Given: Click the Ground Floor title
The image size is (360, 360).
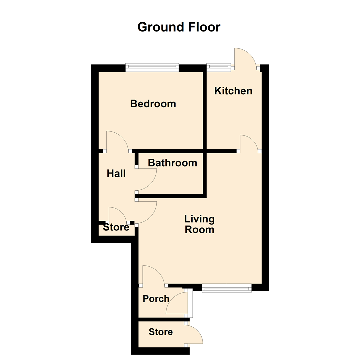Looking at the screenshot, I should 179,27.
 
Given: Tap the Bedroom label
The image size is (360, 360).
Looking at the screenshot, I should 153,104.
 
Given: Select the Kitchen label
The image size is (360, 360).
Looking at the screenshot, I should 233,91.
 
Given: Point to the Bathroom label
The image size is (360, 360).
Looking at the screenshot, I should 173,163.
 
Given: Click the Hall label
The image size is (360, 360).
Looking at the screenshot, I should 116,173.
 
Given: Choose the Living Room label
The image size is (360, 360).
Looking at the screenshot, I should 200,224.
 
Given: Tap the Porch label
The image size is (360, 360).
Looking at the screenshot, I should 156,299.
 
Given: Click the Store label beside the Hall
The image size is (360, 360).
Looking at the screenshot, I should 116,227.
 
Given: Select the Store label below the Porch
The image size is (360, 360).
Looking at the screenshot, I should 161,332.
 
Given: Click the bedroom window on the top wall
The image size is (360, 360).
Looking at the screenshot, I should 152,68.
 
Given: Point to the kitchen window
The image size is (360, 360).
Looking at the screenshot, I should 219,67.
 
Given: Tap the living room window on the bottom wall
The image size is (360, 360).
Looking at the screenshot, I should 227,288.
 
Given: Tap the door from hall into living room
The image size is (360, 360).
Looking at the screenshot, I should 147,212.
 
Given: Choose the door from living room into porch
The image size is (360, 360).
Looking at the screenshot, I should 153,275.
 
